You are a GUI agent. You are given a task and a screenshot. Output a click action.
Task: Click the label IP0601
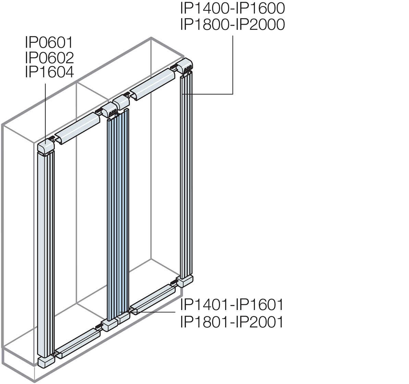pyautogui.click(x=49, y=42)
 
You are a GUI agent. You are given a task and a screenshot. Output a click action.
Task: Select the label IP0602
pyautogui.click(x=50, y=57)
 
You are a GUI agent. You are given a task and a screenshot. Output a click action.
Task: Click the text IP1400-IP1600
pyautogui.click(x=232, y=8)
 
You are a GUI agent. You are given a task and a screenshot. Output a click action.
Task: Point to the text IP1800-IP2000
pyautogui.click(x=232, y=25)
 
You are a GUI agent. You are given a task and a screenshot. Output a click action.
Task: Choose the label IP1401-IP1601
pyautogui.click(x=232, y=305)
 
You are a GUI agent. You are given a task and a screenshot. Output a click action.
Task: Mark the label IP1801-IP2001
pyautogui.click(x=232, y=322)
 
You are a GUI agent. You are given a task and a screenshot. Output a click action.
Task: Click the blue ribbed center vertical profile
pyautogui.click(x=118, y=215)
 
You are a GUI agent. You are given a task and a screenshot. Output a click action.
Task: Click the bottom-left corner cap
pyautogui.click(x=46, y=362)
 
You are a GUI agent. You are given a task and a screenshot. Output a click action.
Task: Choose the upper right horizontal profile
pyautogui.click(x=153, y=84)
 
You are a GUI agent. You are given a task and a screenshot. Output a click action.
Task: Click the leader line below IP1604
pyautogui.click(x=46, y=113)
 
